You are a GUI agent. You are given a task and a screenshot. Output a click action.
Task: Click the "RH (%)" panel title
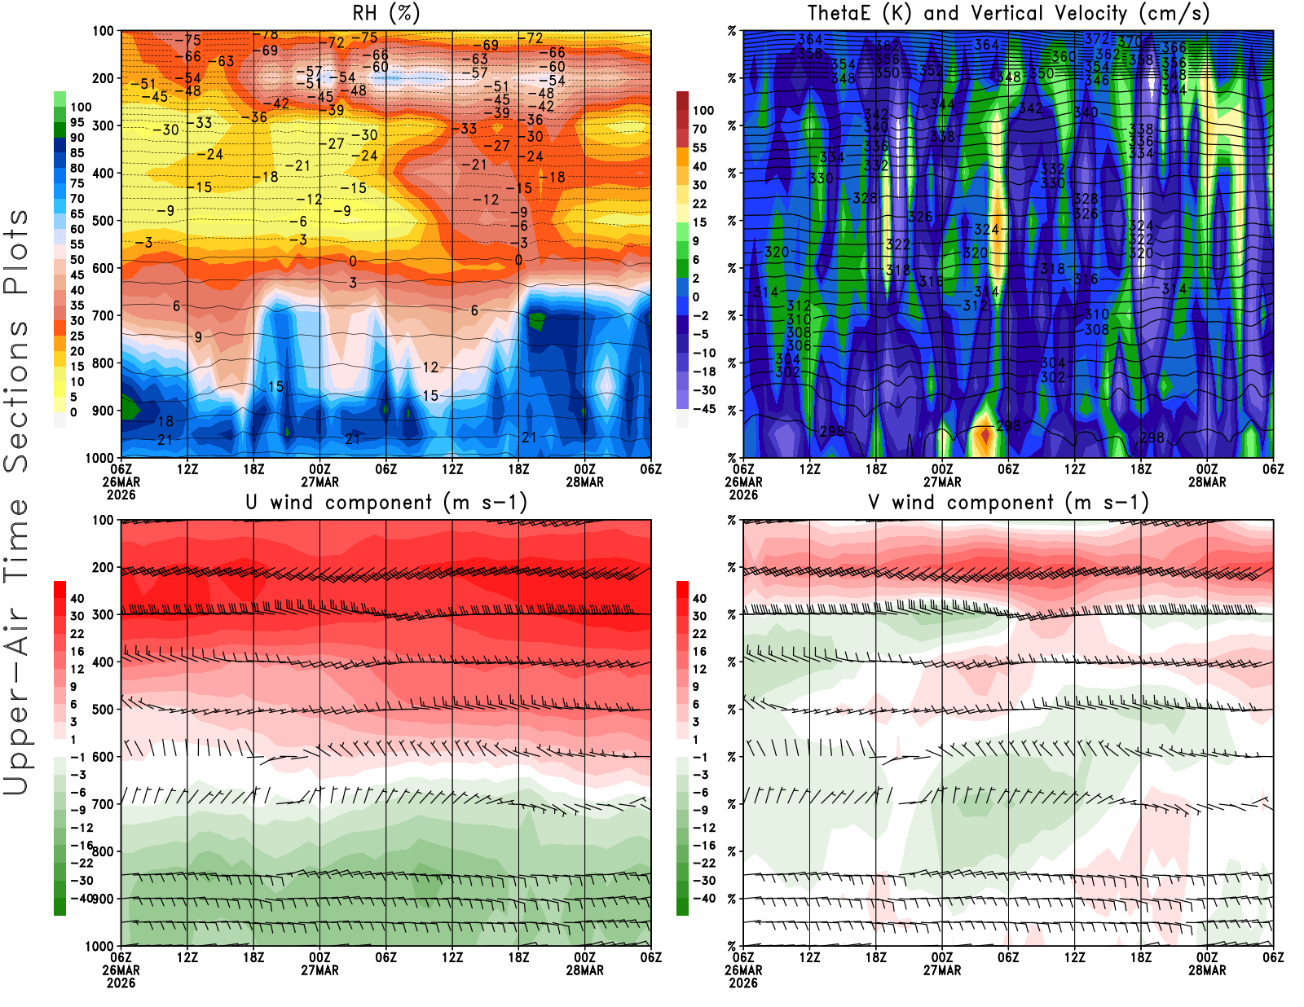click(x=386, y=13)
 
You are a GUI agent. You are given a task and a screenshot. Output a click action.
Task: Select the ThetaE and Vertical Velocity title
click(x=1008, y=13)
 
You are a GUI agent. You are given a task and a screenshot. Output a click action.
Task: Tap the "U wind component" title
click(x=386, y=503)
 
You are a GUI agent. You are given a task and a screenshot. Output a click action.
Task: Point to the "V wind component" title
click(x=1008, y=503)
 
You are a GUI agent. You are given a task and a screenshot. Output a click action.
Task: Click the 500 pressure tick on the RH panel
click(x=103, y=221)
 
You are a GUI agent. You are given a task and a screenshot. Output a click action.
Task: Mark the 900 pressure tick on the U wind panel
click(x=103, y=899)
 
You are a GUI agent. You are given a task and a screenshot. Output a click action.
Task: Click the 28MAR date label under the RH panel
click(x=584, y=482)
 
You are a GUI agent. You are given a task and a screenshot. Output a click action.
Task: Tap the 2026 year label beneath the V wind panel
click(x=743, y=983)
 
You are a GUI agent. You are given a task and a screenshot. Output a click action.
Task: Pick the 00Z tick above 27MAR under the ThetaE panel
click(x=942, y=469)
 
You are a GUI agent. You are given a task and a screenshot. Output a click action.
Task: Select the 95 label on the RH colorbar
click(x=77, y=122)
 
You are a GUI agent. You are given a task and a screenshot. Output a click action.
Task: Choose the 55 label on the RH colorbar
click(x=77, y=244)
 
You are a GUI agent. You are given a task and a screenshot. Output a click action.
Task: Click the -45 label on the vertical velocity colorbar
click(x=703, y=409)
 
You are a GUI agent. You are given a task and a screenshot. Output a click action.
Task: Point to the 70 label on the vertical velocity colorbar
click(x=699, y=129)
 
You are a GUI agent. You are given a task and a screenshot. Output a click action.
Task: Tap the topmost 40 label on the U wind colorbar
click(x=77, y=599)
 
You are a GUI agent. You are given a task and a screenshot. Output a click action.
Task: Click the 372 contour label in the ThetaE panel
click(x=1096, y=39)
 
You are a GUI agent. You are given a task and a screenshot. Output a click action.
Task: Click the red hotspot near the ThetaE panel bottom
click(x=985, y=436)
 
